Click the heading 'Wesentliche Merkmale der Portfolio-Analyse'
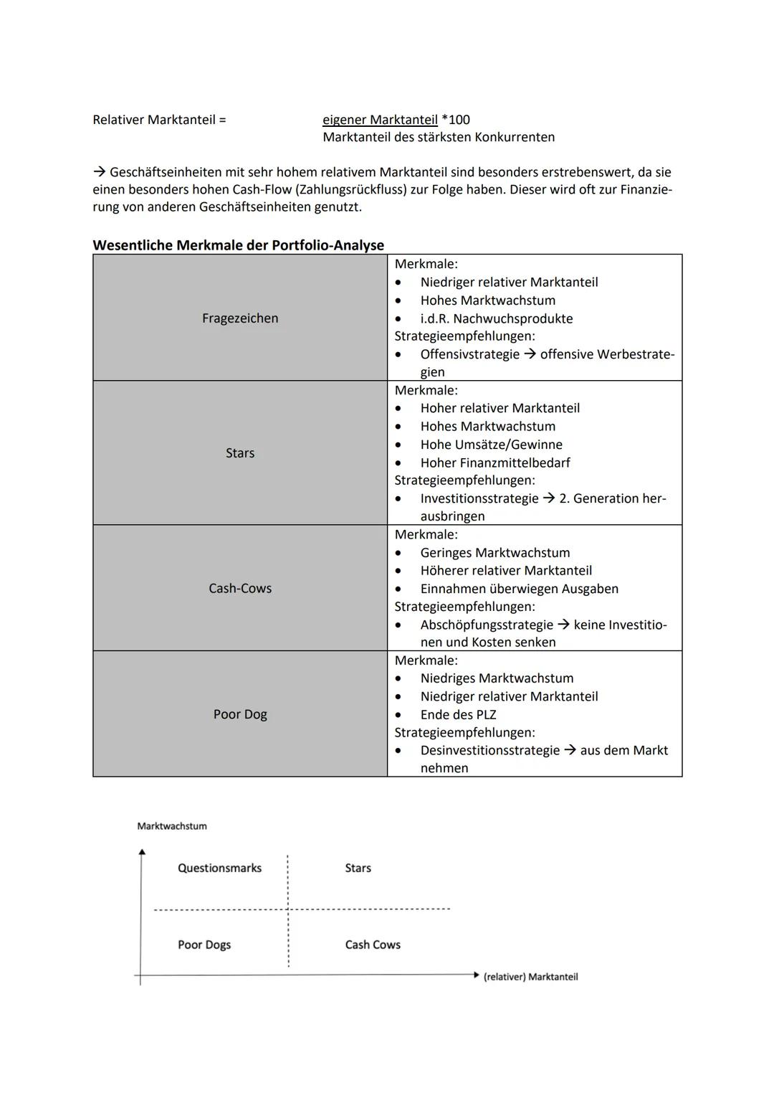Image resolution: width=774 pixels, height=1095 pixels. (x=238, y=245)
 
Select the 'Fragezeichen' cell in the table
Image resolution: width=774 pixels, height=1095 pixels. (x=240, y=318)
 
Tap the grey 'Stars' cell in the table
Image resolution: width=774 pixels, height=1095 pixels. (x=240, y=453)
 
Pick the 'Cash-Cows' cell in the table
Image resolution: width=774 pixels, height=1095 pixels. (x=240, y=588)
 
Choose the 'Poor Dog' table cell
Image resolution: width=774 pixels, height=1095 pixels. (x=240, y=714)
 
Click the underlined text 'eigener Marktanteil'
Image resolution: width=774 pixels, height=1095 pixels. (x=380, y=120)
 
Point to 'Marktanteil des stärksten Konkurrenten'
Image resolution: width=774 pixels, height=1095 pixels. (x=439, y=137)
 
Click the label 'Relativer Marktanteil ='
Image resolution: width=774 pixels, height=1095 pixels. (x=159, y=120)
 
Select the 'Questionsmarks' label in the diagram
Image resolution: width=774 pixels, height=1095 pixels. (x=219, y=868)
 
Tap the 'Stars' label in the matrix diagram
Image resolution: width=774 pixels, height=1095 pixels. (x=358, y=868)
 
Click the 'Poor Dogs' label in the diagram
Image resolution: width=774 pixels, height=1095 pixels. (x=204, y=944)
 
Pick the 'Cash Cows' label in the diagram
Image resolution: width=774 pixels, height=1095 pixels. (x=373, y=944)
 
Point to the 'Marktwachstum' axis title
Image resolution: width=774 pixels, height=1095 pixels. (x=172, y=826)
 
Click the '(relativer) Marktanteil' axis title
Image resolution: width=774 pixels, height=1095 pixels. (x=530, y=977)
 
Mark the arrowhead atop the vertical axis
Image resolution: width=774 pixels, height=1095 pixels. (x=142, y=852)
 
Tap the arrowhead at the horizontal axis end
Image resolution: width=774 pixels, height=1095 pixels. (x=476, y=975)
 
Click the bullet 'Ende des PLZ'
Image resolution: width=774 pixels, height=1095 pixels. (x=458, y=714)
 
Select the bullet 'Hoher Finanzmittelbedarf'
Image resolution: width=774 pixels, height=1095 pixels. (x=495, y=463)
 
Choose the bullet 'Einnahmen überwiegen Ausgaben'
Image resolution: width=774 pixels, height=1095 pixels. (x=519, y=589)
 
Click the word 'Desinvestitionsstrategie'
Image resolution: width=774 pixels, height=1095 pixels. (x=490, y=750)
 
